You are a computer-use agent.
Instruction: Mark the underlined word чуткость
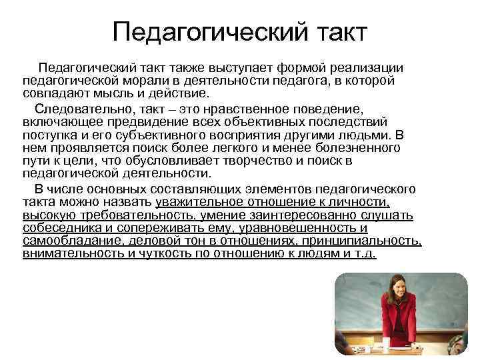167,253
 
